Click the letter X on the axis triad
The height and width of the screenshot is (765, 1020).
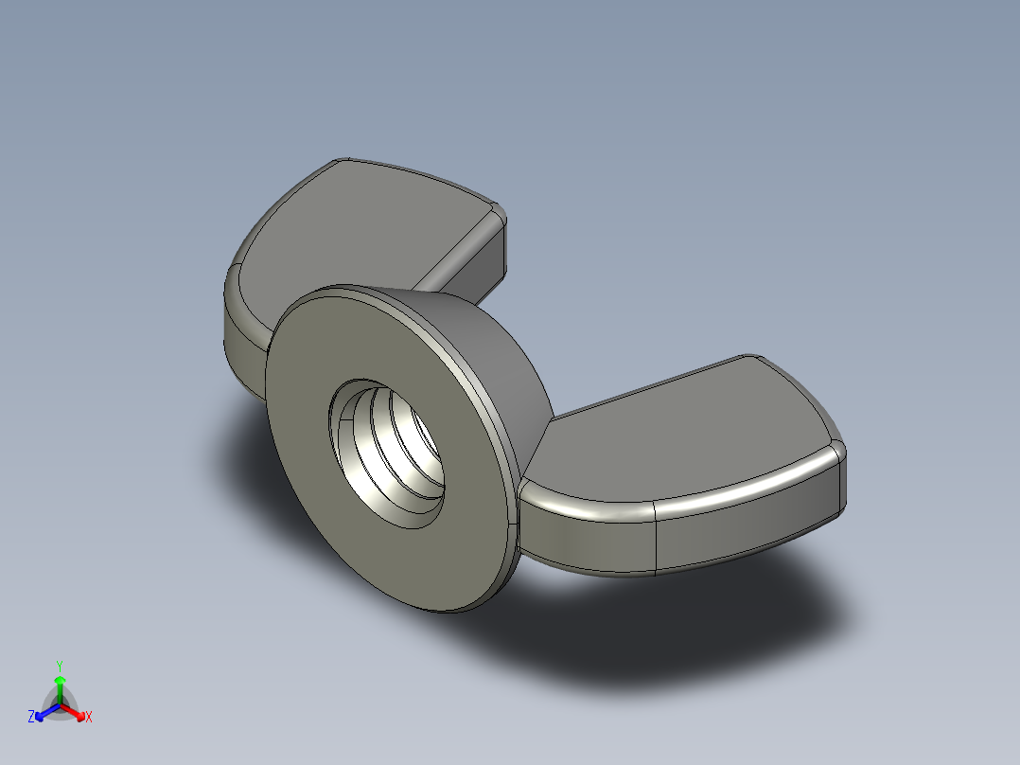[89, 718]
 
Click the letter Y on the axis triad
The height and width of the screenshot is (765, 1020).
[59, 665]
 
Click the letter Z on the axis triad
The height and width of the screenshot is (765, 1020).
[31, 718]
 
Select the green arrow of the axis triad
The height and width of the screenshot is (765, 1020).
[60, 686]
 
